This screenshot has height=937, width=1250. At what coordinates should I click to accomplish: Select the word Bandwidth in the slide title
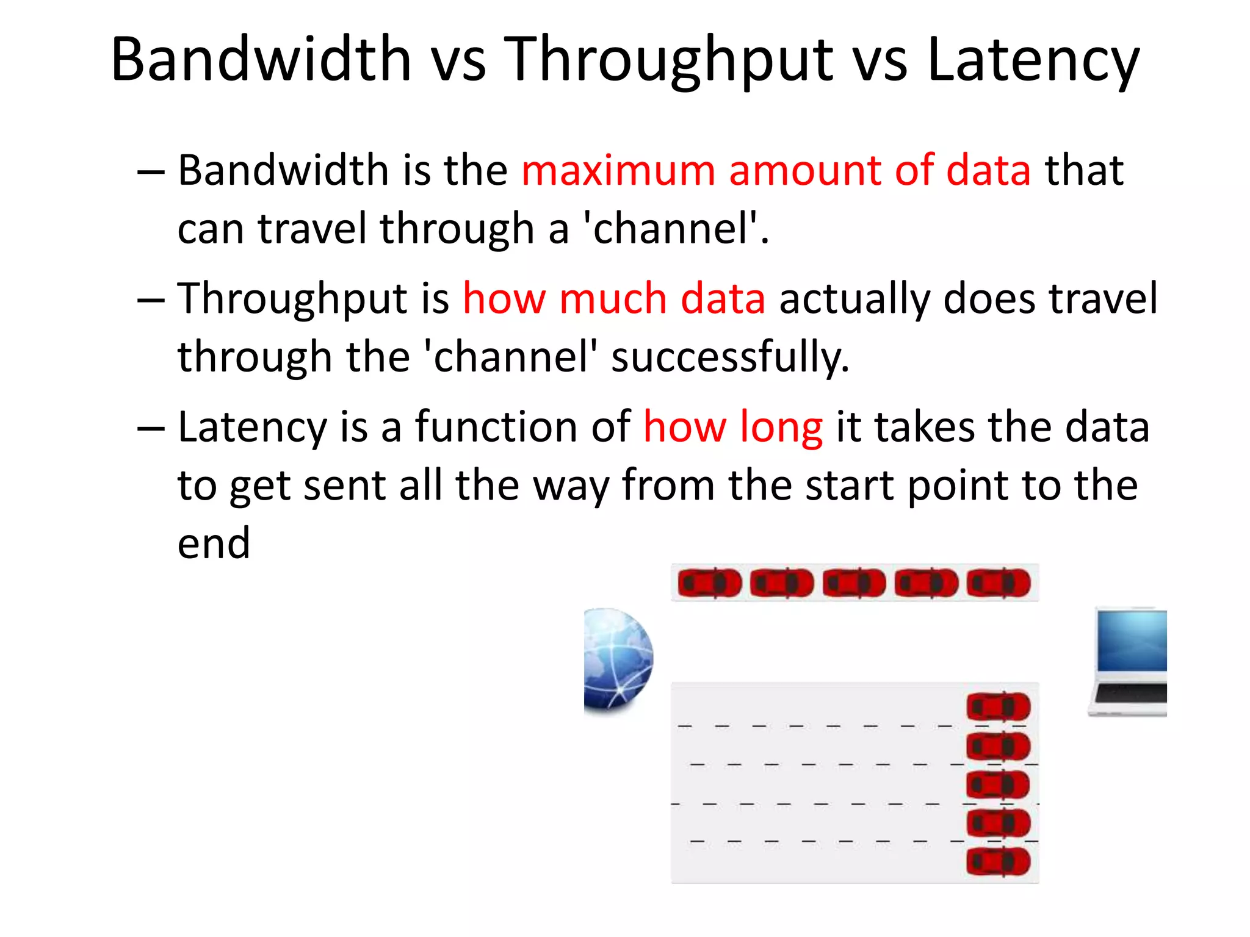pyautogui.click(x=261, y=60)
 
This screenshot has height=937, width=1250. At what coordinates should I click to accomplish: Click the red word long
pyautogui.click(x=781, y=427)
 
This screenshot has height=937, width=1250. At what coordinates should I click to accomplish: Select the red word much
pyautogui.click(x=612, y=299)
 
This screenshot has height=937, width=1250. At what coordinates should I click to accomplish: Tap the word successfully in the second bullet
pyautogui.click(x=730, y=357)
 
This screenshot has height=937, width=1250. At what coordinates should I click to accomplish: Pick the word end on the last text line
pyautogui.click(x=214, y=543)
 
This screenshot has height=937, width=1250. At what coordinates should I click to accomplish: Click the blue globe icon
pyautogui.click(x=618, y=659)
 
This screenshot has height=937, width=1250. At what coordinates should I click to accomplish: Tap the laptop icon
pyautogui.click(x=1129, y=662)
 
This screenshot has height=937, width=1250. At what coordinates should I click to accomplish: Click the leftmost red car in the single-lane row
pyautogui.click(x=709, y=583)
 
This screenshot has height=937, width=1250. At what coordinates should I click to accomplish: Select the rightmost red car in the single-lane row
pyautogui.click(x=999, y=583)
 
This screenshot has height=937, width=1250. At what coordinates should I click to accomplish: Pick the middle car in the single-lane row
pyautogui.click(x=854, y=583)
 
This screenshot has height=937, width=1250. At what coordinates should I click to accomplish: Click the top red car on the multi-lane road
pyautogui.click(x=999, y=708)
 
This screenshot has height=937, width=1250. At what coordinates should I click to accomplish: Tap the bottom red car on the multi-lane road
pyautogui.click(x=999, y=862)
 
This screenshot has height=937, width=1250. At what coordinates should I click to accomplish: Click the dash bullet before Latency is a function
pyautogui.click(x=151, y=428)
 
